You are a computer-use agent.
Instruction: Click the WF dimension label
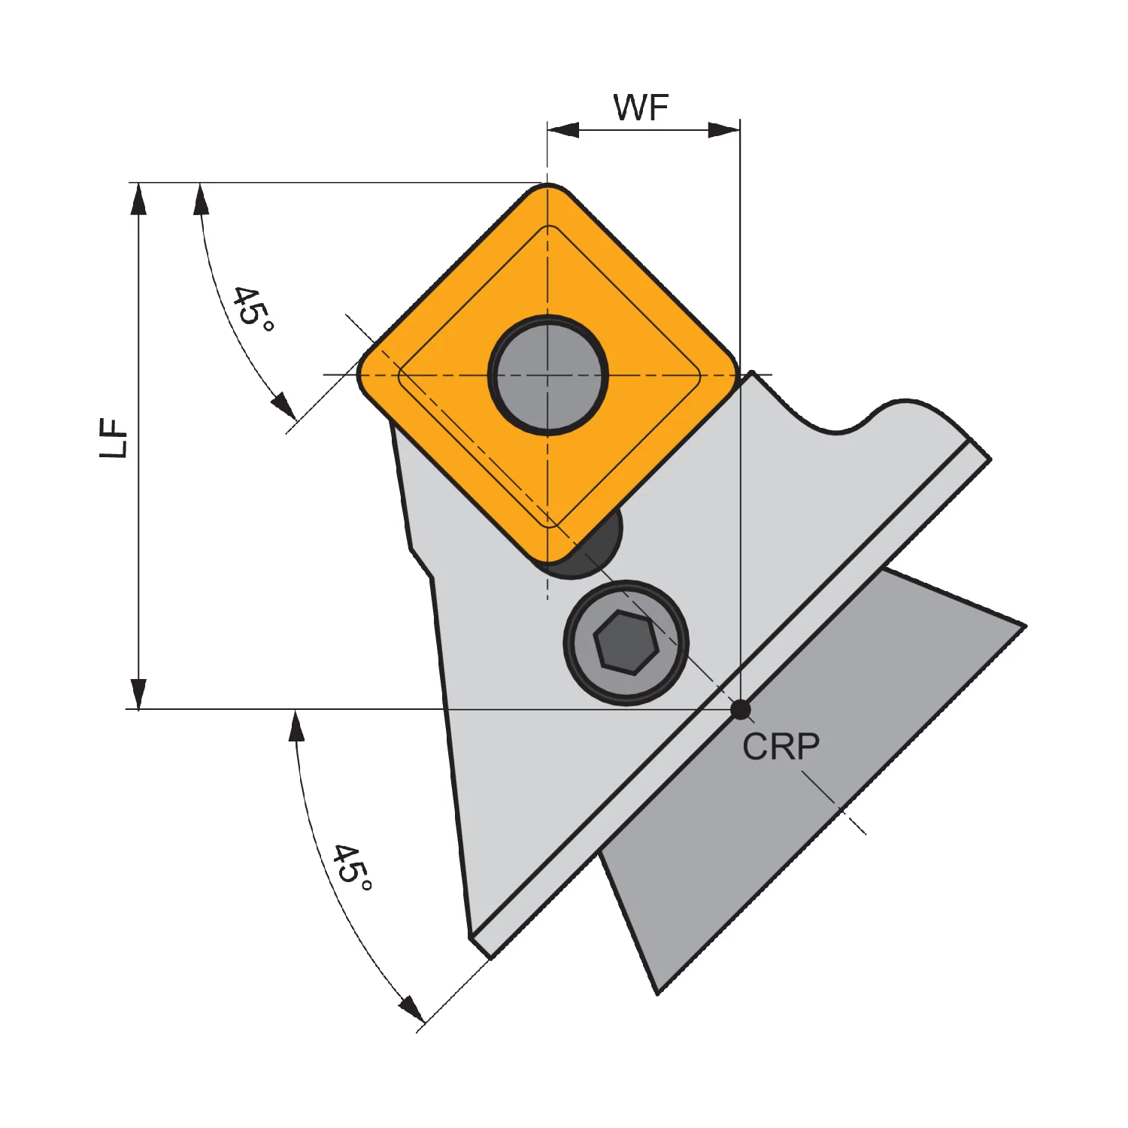tap(641, 108)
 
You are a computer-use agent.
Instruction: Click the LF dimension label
tap(115, 438)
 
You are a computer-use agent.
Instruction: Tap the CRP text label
tap(781, 747)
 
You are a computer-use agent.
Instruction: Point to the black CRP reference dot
tap(741, 709)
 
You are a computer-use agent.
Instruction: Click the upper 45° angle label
tap(253, 308)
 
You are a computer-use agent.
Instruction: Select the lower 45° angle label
tap(352, 867)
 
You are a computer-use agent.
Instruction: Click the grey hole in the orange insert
tap(548, 374)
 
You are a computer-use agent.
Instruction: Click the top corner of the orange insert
tap(548, 185)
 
